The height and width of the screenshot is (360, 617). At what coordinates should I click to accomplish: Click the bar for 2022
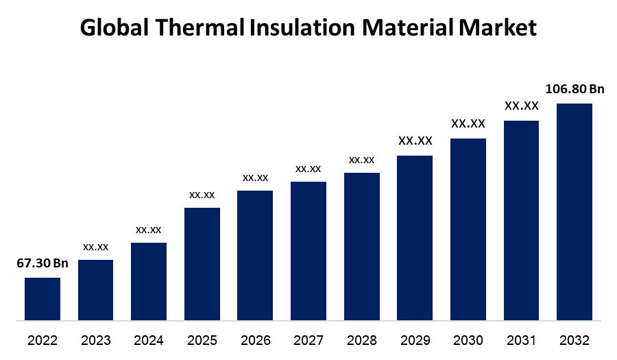coord(43,299)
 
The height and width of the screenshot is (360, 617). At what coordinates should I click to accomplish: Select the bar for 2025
coord(202,264)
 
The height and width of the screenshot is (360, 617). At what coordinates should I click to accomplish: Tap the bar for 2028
coord(361,247)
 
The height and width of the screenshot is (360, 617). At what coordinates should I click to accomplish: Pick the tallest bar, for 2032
coord(574,212)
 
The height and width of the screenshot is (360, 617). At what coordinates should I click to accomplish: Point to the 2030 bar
coord(468,230)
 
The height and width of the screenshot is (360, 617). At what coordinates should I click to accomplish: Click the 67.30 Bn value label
coord(43,263)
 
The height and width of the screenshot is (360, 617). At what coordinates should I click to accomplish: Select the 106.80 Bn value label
coord(574,89)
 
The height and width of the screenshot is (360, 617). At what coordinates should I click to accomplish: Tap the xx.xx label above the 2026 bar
coord(255,178)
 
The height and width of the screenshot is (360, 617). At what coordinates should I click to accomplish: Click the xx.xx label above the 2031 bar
coord(521,106)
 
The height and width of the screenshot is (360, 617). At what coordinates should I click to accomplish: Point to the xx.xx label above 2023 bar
coord(95,247)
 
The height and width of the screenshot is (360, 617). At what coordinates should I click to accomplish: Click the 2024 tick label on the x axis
coord(149,340)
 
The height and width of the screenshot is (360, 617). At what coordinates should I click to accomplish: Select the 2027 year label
coord(308,340)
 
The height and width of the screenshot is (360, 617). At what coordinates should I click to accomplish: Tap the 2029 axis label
coord(415,340)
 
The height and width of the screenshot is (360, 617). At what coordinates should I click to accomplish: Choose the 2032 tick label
coord(574,340)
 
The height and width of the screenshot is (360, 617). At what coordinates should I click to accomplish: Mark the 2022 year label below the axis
coord(43,340)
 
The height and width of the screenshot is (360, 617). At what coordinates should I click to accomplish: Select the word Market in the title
coord(497,28)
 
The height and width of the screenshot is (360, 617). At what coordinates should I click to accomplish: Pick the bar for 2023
coord(95,290)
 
